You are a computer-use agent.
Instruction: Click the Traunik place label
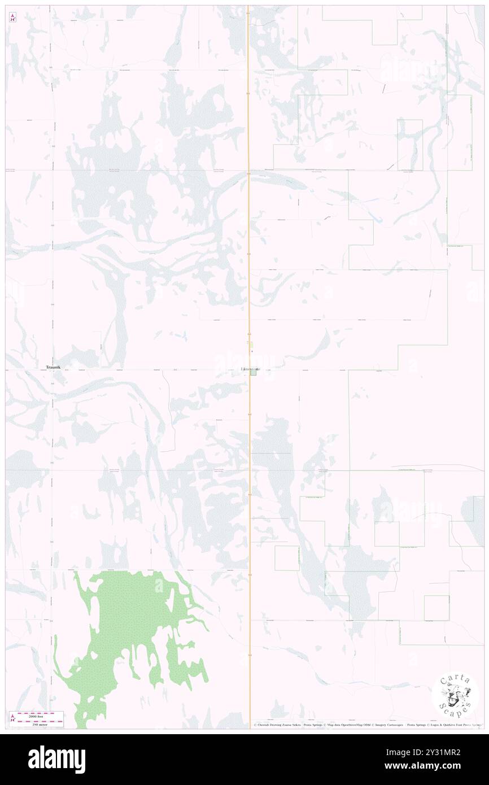pos(55,367)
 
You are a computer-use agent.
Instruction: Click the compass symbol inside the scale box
pos(12,718)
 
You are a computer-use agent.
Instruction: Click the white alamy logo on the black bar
pos(56,759)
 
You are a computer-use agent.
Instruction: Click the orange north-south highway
pos(249,226)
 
